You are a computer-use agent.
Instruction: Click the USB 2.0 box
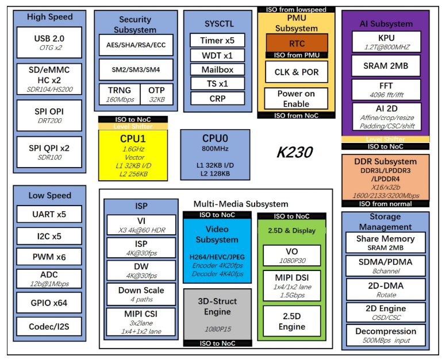(49, 42)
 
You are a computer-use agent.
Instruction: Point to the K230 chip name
(295, 152)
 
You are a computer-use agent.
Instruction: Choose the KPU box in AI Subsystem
(386, 41)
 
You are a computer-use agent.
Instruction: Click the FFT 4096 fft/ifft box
(386, 89)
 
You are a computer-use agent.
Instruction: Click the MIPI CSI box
(141, 322)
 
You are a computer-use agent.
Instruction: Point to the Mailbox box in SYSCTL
(217, 69)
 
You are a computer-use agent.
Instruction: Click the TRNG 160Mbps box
(120, 94)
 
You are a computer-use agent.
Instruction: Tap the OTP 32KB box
(156, 94)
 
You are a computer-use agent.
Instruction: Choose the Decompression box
(386, 335)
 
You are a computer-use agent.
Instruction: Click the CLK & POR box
(297, 72)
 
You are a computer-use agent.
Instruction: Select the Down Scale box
(141, 294)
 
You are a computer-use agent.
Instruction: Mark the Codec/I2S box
(49, 326)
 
